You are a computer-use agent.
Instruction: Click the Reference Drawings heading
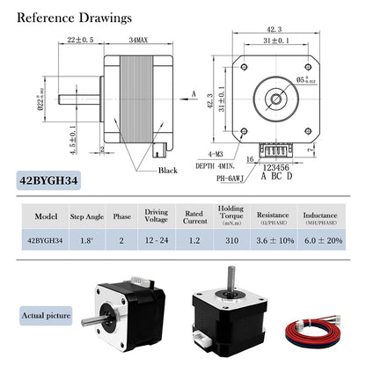(x=76, y=18)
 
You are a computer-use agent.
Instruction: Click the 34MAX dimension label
(x=136, y=40)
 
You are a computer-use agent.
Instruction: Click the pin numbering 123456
(x=275, y=165)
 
